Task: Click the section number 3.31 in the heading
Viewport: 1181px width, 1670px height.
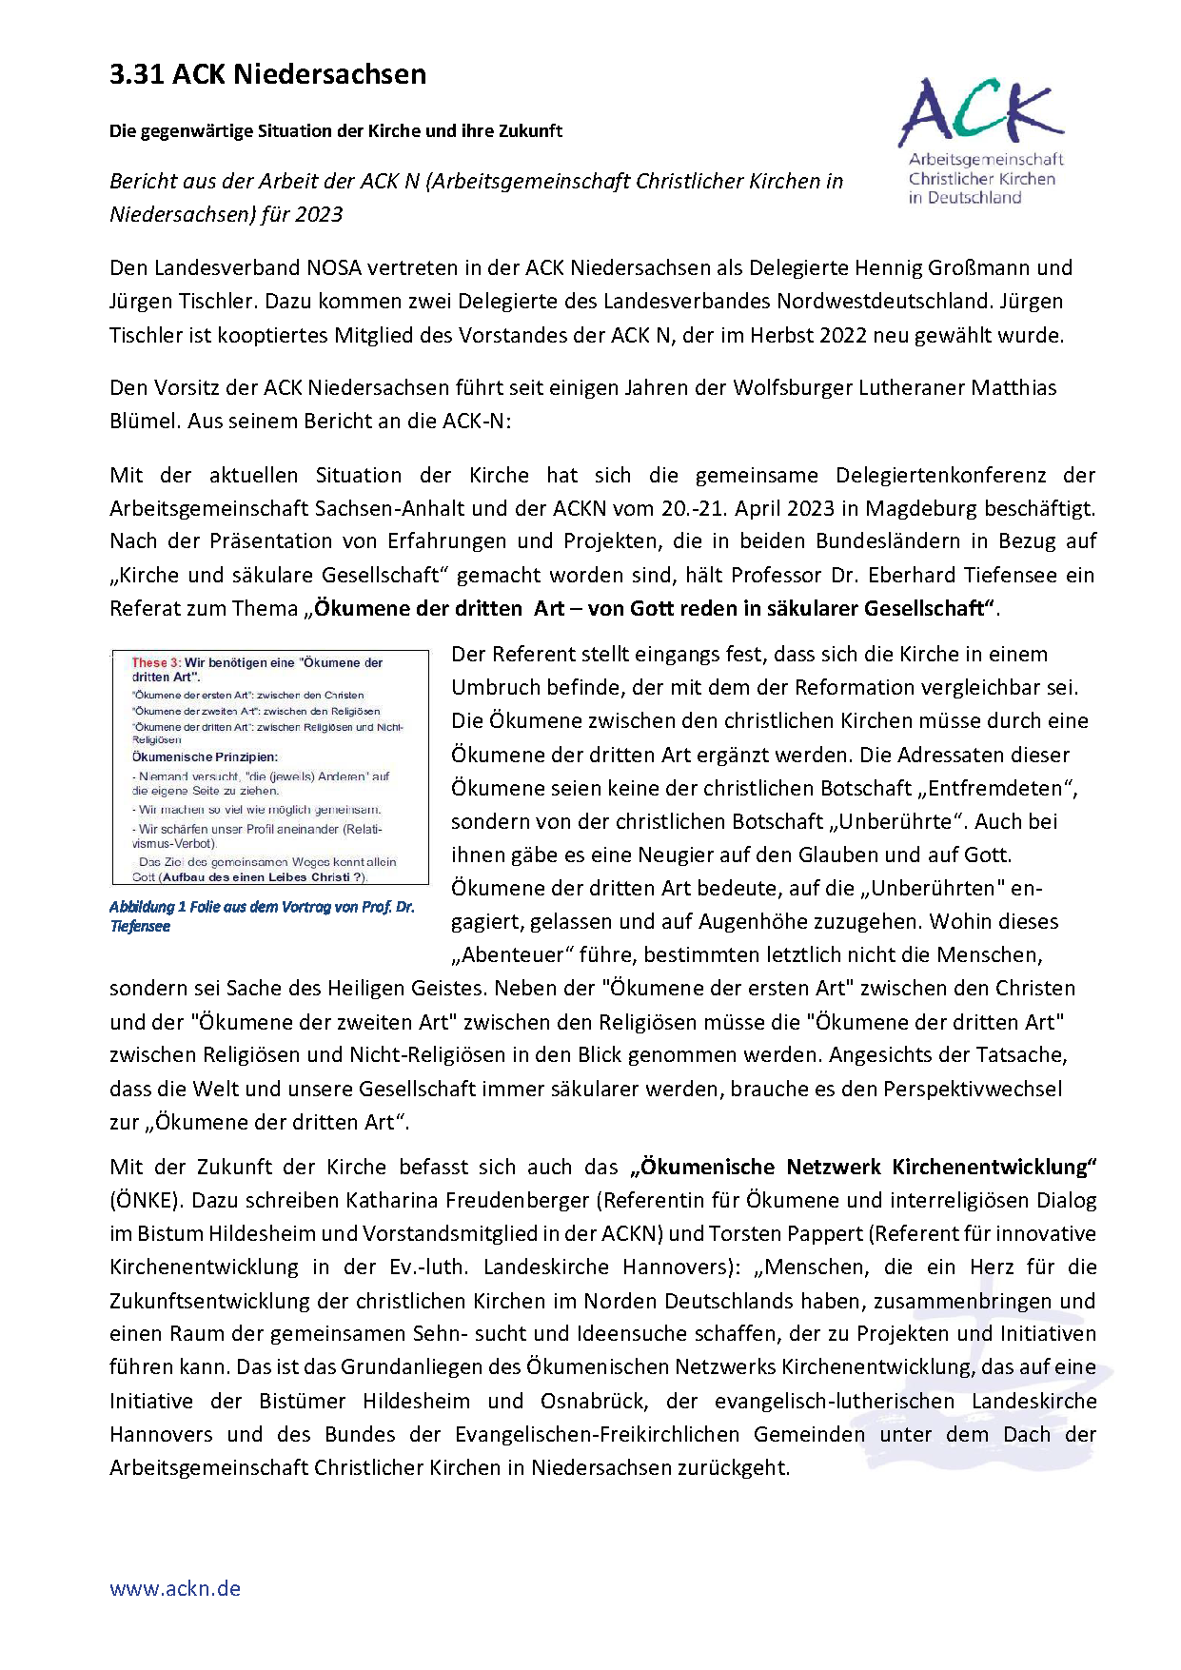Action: click(x=137, y=74)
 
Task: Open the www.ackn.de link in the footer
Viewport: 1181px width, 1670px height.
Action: click(x=175, y=1588)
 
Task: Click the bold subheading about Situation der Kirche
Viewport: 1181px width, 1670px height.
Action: click(x=335, y=131)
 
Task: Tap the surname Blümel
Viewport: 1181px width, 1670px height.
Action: click(x=144, y=421)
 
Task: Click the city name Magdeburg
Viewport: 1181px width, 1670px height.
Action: click(x=921, y=508)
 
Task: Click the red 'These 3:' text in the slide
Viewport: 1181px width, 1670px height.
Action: click(x=156, y=662)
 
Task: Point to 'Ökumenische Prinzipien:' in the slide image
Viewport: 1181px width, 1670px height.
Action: click(x=205, y=757)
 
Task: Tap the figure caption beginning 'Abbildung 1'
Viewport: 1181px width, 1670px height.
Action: click(x=262, y=915)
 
